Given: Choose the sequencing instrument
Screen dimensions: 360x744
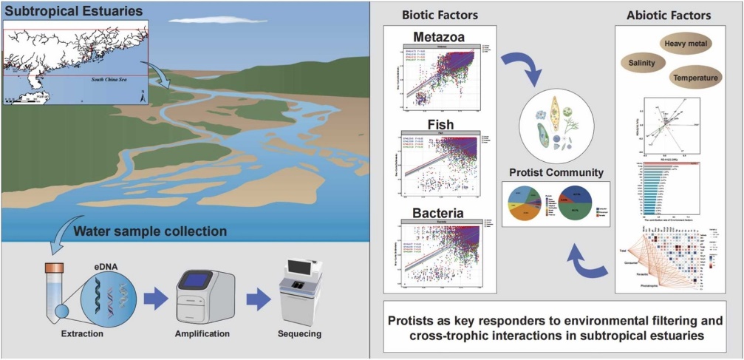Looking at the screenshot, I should point(301,294).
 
